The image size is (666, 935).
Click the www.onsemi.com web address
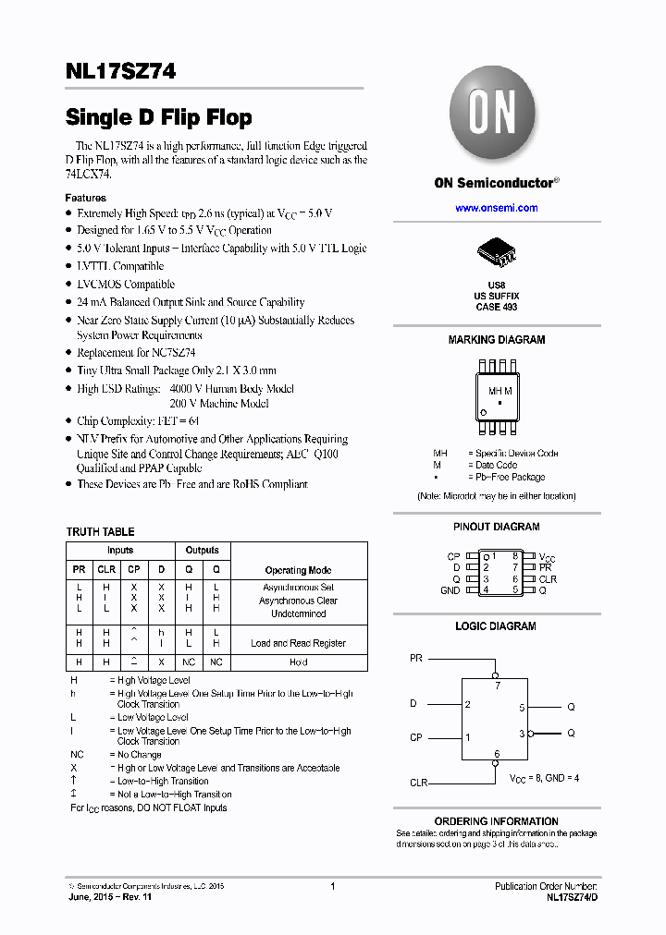click(496, 208)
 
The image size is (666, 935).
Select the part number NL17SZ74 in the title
click(121, 71)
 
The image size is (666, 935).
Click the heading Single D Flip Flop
click(158, 117)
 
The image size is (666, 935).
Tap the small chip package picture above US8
click(496, 252)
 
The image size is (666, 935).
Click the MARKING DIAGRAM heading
click(496, 340)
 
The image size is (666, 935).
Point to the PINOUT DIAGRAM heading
click(496, 527)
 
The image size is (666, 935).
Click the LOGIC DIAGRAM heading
click(496, 626)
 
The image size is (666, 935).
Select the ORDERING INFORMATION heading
click(496, 821)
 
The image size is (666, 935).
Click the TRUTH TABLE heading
click(100, 532)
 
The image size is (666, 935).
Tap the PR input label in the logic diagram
click(416, 659)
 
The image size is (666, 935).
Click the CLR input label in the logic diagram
click(419, 783)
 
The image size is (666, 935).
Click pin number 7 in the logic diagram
click(497, 686)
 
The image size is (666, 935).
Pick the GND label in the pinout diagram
click(450, 590)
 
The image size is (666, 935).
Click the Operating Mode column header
click(298, 571)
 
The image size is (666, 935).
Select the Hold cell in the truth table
click(298, 662)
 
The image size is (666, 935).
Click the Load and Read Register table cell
click(298, 643)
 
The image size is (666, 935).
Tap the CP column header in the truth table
click(134, 570)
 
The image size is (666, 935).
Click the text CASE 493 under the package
click(496, 307)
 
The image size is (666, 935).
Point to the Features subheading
click(85, 198)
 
